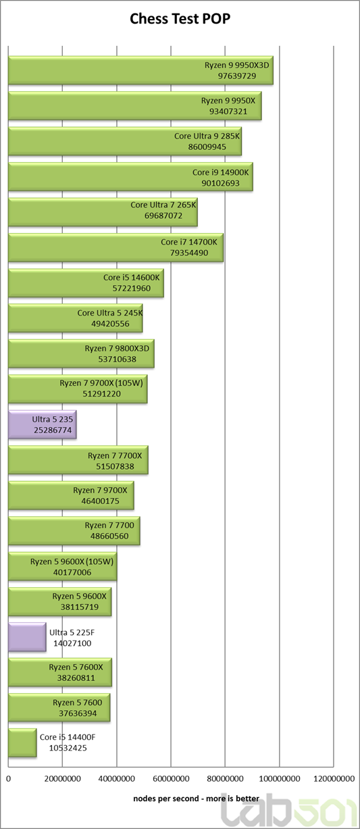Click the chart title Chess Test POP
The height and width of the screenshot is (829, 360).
click(x=180, y=18)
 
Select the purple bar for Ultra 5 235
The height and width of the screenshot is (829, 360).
click(x=42, y=424)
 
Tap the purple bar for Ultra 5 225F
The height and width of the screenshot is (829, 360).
click(x=27, y=637)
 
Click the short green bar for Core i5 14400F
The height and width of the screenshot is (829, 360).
click(x=22, y=743)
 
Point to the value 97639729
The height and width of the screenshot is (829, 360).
click(x=237, y=76)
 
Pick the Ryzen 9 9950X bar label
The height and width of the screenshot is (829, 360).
click(x=228, y=101)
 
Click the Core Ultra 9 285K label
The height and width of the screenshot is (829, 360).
click(x=207, y=136)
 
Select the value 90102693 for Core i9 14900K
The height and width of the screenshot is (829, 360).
click(x=220, y=183)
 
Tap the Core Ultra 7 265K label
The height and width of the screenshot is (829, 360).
click(x=163, y=205)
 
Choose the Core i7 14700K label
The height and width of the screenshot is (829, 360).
click(x=189, y=242)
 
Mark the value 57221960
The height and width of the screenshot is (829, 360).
click(x=132, y=288)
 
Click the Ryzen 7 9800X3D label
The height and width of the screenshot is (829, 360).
click(x=117, y=348)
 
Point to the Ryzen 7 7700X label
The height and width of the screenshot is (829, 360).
click(x=115, y=455)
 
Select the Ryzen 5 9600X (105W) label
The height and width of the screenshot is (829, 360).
click(x=72, y=561)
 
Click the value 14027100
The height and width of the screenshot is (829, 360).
click(x=72, y=643)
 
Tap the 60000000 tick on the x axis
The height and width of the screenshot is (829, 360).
click(x=171, y=779)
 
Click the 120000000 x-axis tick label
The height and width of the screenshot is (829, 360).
click(x=334, y=779)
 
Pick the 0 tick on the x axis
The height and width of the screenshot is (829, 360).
click(x=9, y=779)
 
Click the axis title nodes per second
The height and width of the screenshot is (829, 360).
click(x=166, y=799)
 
